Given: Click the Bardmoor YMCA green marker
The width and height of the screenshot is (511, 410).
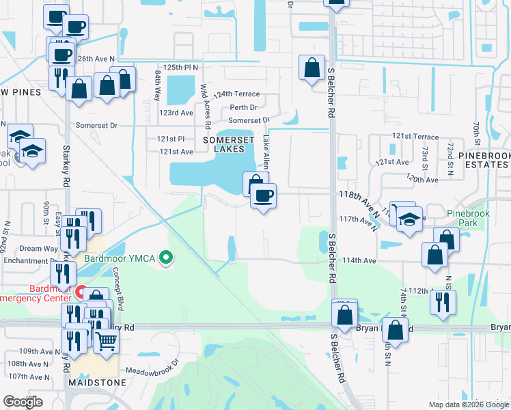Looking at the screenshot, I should (165, 258).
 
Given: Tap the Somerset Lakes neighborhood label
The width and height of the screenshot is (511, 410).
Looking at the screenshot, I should (229, 143).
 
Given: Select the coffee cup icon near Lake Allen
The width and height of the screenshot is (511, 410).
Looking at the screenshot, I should (263, 196).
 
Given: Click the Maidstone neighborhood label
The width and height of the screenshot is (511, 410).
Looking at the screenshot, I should (97, 383).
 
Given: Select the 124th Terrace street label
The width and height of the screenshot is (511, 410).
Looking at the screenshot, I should (237, 94).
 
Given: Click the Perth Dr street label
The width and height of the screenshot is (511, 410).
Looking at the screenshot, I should (243, 107).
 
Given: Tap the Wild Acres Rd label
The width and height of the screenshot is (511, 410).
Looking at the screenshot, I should (204, 99).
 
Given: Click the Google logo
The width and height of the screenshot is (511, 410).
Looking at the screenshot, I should (23, 402).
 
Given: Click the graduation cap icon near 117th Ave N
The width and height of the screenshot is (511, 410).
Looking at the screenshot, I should (409, 219).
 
